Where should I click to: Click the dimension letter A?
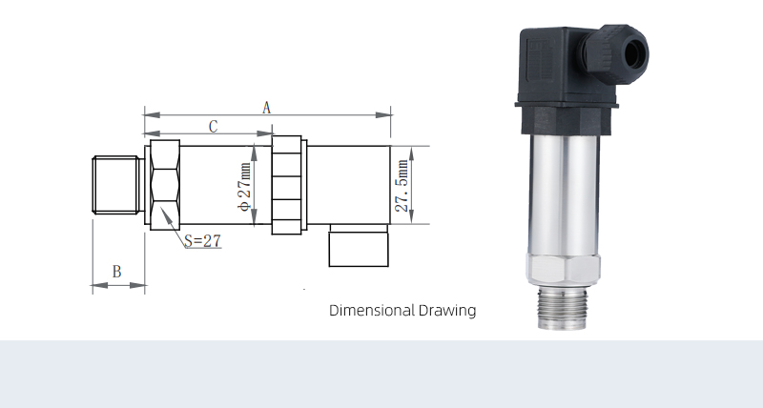click(267, 107)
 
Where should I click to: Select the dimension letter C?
click(214, 126)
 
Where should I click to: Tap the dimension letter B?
click(116, 272)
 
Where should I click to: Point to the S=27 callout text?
click(201, 241)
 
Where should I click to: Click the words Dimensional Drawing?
click(402, 311)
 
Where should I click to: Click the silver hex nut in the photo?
click(563, 269)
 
